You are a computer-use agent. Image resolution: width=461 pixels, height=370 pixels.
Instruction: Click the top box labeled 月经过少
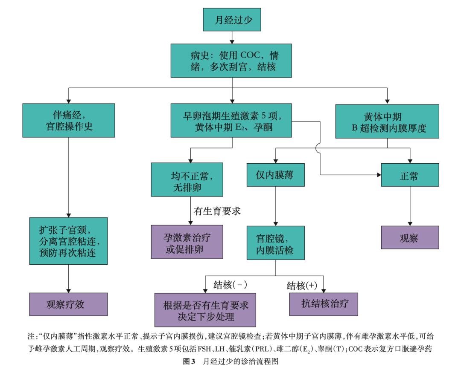pos(232,20)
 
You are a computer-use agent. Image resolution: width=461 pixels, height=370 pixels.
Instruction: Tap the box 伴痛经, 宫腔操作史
pos(69,121)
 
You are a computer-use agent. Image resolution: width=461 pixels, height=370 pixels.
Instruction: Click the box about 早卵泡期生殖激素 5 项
pos(232,121)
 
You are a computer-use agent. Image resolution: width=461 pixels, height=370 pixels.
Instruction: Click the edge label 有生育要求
pos(218,211)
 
